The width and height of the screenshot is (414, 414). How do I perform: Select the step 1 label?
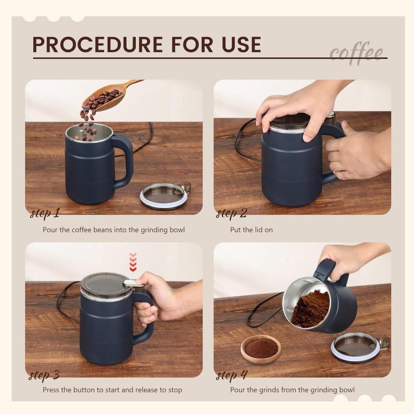point(45,213)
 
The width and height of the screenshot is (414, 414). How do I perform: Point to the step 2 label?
point(231,213)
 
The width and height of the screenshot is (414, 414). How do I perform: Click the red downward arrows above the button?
point(133,262)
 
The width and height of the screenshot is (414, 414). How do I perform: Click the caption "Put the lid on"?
point(251,230)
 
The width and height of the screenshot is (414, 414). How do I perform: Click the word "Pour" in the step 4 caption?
point(237,390)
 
